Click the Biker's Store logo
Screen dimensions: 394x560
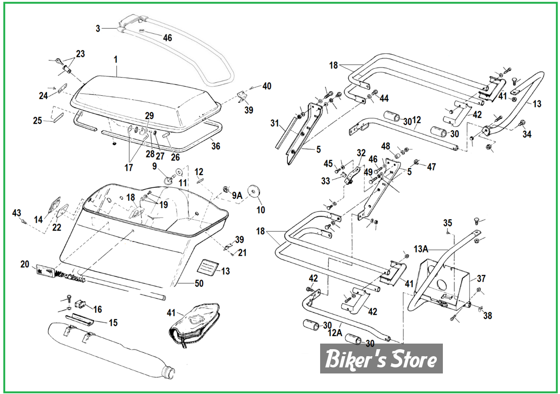[381, 359]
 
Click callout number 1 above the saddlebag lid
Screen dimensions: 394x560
[116, 60]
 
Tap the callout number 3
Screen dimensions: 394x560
[98, 28]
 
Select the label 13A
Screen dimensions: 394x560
[421, 249]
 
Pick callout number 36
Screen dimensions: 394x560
[215, 146]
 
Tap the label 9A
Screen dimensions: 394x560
[237, 196]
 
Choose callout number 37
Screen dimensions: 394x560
[481, 279]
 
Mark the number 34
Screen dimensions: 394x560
[527, 134]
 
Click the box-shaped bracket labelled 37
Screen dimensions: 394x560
[441, 282]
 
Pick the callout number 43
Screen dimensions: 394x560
[17, 213]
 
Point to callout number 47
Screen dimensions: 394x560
[431, 167]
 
